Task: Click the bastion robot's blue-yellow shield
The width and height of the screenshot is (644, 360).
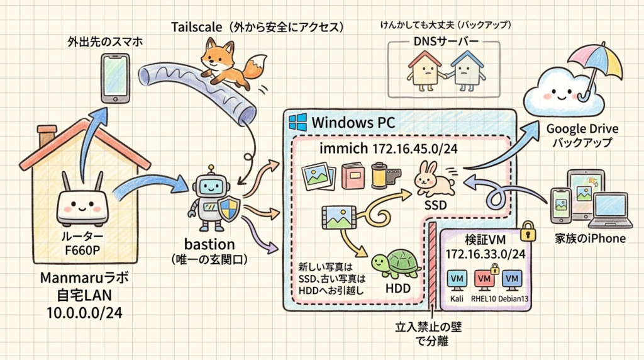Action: [x=229, y=208]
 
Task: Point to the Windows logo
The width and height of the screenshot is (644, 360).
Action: [x=297, y=122]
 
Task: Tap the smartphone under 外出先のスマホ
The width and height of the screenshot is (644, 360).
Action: [x=116, y=78]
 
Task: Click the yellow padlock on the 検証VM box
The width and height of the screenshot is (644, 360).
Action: [x=528, y=232]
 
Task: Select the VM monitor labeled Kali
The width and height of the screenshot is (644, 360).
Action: [x=457, y=280]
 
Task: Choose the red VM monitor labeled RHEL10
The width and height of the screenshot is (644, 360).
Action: [x=484, y=280]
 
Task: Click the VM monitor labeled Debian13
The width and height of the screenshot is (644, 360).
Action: [x=512, y=280]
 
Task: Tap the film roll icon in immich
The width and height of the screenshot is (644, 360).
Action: [x=386, y=176]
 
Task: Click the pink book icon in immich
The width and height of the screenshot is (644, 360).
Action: [x=353, y=176]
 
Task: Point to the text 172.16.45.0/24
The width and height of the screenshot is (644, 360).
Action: [x=415, y=149]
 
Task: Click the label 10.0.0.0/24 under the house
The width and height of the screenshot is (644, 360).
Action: [x=84, y=313]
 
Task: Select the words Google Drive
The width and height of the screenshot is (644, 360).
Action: [x=582, y=129]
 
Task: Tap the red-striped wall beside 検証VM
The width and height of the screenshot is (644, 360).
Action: [x=431, y=264]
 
